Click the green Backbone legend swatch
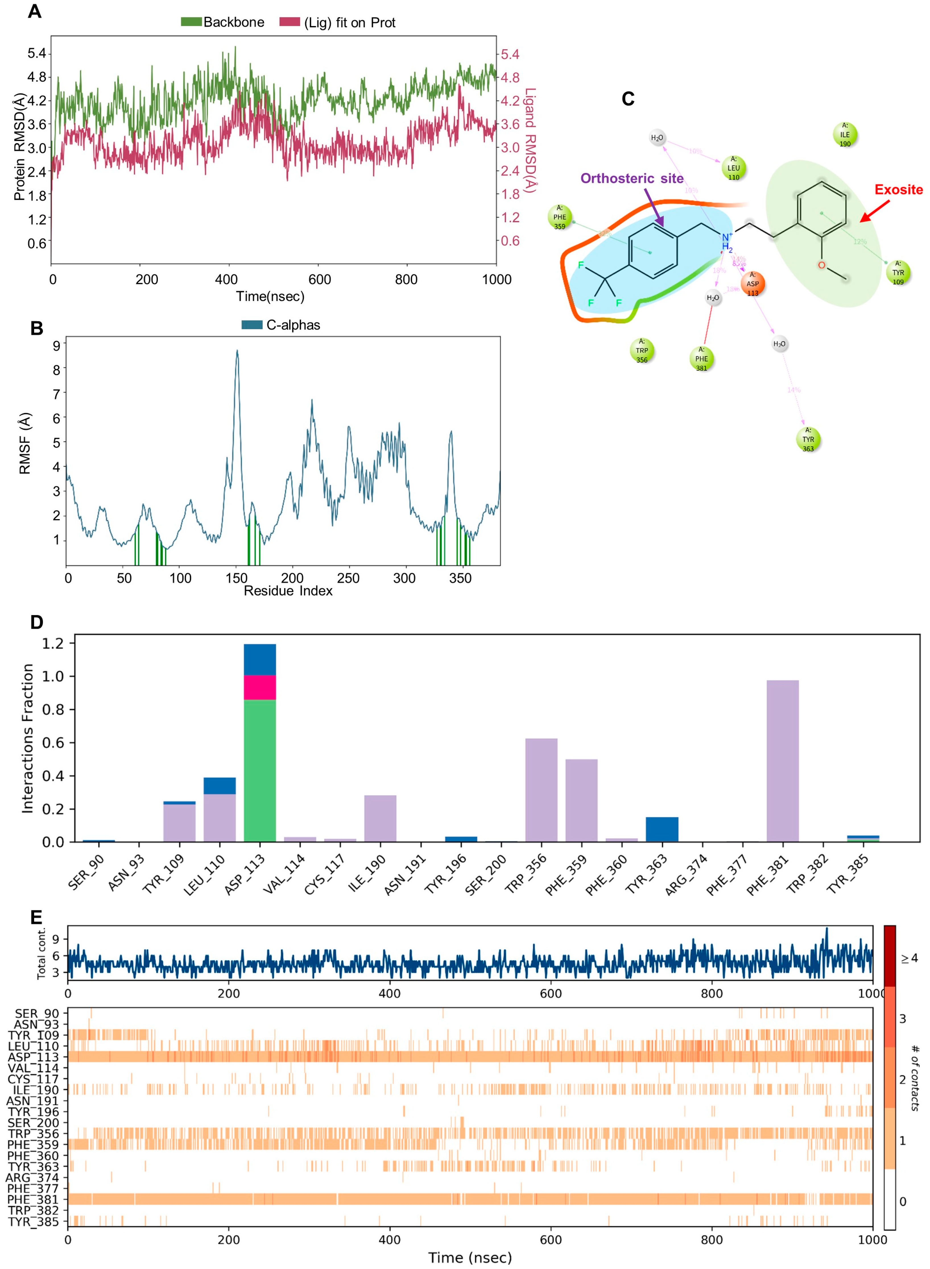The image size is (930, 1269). click(191, 22)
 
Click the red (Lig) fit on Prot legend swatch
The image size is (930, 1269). click(289, 22)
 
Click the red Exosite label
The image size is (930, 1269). click(898, 190)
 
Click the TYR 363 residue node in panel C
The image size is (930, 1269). click(808, 439)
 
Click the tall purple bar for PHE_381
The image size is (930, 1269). click(782, 760)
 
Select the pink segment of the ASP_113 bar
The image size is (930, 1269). click(260, 687)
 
